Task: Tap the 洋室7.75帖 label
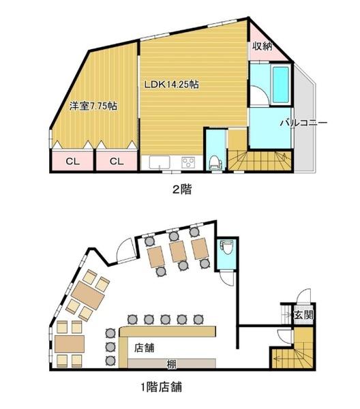[x=93, y=106]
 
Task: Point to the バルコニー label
[x=303, y=123]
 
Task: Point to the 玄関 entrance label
[x=302, y=316]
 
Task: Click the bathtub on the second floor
[x=280, y=82]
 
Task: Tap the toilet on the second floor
[x=215, y=160]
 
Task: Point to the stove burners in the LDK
[x=187, y=163]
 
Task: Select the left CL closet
[x=72, y=162]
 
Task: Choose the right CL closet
[x=115, y=162]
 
